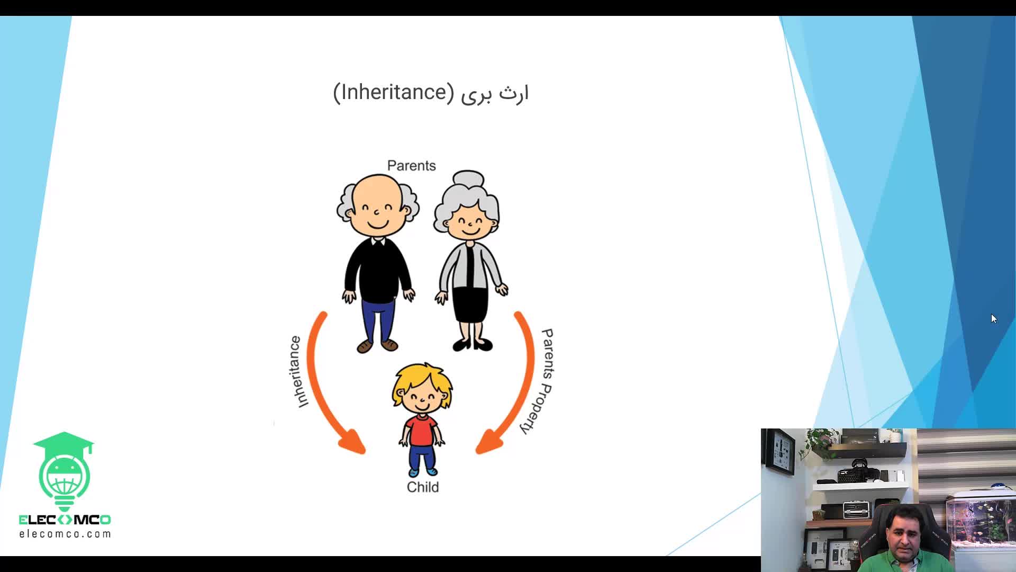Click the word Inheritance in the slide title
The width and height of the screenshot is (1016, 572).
(x=394, y=92)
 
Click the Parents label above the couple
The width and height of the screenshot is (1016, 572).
(x=412, y=166)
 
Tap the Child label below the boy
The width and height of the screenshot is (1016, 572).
(x=423, y=487)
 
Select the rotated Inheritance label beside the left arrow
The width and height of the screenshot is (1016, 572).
(x=297, y=372)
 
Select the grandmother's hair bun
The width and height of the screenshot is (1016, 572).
(x=468, y=179)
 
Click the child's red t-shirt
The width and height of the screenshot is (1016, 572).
(x=421, y=431)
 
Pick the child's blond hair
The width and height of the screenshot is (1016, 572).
(x=422, y=380)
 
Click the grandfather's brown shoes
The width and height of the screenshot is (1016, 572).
(x=377, y=346)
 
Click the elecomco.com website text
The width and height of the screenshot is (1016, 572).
(x=65, y=534)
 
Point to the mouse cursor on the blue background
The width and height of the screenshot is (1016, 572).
(x=993, y=318)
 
